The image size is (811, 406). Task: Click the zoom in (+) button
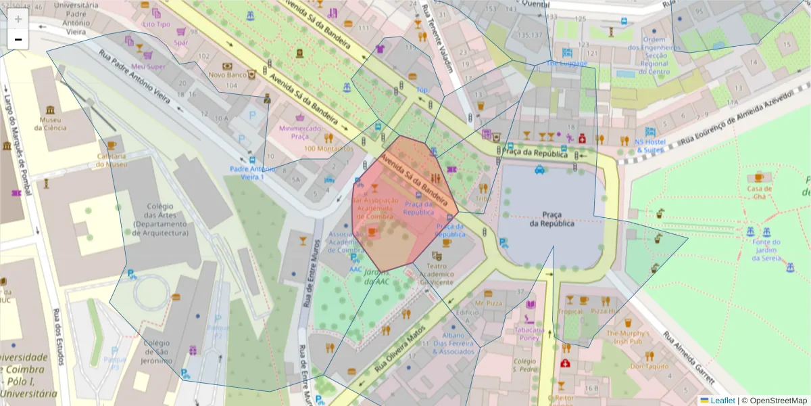point(18,19)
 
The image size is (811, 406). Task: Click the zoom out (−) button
point(18,39)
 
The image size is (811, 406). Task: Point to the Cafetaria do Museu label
point(112,160)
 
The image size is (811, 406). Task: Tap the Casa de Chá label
point(759,192)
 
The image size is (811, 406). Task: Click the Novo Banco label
point(227,75)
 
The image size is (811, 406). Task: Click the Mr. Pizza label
point(488,303)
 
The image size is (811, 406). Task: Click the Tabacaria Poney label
point(529,334)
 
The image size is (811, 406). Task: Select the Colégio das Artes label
point(160,220)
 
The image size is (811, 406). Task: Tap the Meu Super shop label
point(148,66)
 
